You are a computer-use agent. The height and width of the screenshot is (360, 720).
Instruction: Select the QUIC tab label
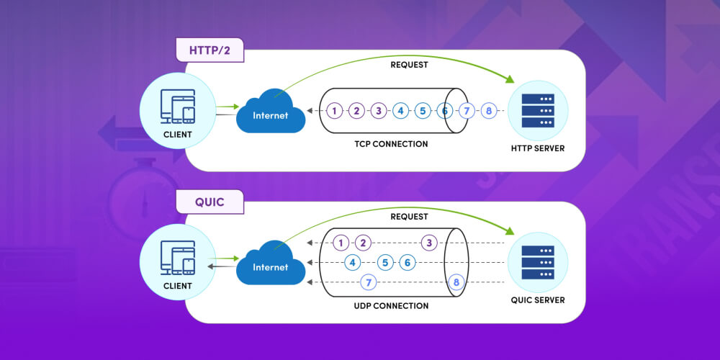pos(210,202)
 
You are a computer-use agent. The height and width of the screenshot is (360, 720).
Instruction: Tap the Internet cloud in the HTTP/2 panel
pos(271,114)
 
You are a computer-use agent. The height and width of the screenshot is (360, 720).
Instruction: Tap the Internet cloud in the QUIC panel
pos(271,266)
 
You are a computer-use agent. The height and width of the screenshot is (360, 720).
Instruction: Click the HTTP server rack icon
pos(537,112)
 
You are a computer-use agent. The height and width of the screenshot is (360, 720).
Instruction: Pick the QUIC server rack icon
pos(537,263)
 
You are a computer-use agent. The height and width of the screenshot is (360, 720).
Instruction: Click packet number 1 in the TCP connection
pos(334,111)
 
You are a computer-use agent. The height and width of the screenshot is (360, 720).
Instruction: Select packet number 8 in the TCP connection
pos(489,111)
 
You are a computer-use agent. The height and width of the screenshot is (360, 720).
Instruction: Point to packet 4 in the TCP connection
pos(400,111)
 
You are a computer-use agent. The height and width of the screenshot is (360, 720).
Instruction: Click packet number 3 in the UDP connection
pos(429,243)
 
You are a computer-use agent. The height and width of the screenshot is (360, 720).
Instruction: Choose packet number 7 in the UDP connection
pos(369,283)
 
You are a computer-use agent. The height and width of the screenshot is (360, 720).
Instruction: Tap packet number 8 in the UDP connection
pos(455,283)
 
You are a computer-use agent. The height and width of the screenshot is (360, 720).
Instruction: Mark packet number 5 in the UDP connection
pos(385,263)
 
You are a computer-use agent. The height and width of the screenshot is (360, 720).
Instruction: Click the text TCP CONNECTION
pos(392,144)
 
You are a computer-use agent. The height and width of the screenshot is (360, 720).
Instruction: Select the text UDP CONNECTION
pos(392,306)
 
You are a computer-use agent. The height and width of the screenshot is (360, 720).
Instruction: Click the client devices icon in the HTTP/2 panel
pos(177,106)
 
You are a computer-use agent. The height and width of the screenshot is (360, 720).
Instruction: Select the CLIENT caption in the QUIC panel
pos(177,286)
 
